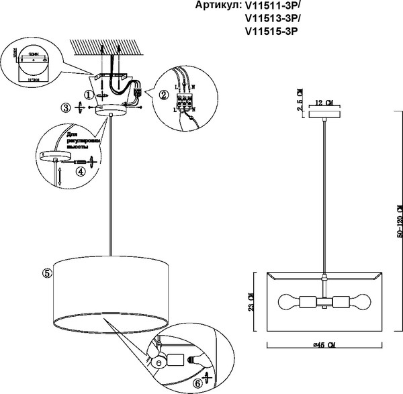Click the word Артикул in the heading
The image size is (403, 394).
pos(216,6)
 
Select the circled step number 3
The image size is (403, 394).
pos(64,107)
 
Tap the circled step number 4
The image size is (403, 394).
pos(81,170)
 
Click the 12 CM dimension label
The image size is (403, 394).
pos(324,103)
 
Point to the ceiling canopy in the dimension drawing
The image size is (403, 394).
pos(324,113)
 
